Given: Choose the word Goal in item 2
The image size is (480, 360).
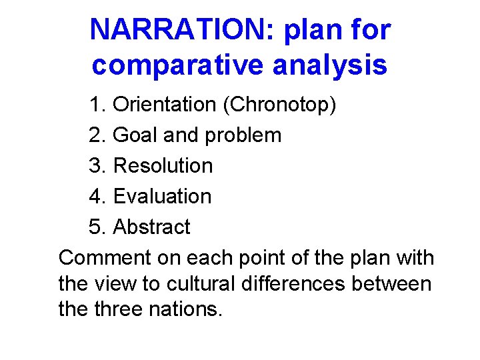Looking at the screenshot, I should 136,135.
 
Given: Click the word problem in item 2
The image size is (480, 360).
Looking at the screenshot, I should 243,135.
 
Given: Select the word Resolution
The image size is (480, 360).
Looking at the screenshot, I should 163,166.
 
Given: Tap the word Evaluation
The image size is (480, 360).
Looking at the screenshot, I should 163,197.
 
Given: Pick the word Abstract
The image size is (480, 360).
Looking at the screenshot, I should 152,227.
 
